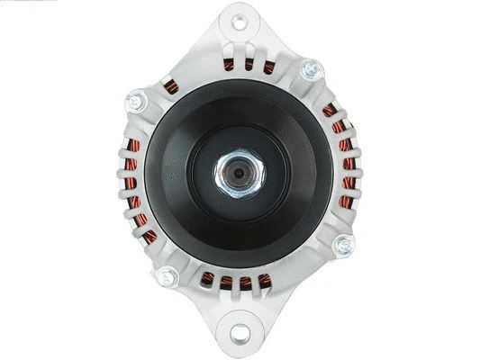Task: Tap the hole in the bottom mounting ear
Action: coord(239,334)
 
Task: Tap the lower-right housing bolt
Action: coord(343,244)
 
